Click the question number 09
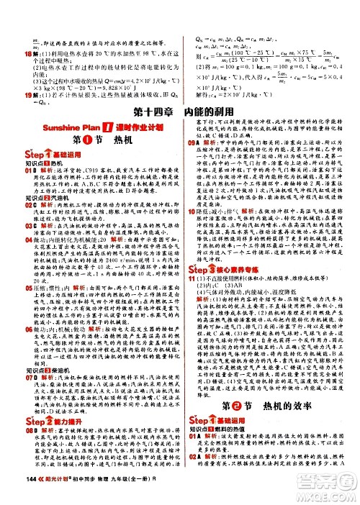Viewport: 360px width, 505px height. [194, 142]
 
